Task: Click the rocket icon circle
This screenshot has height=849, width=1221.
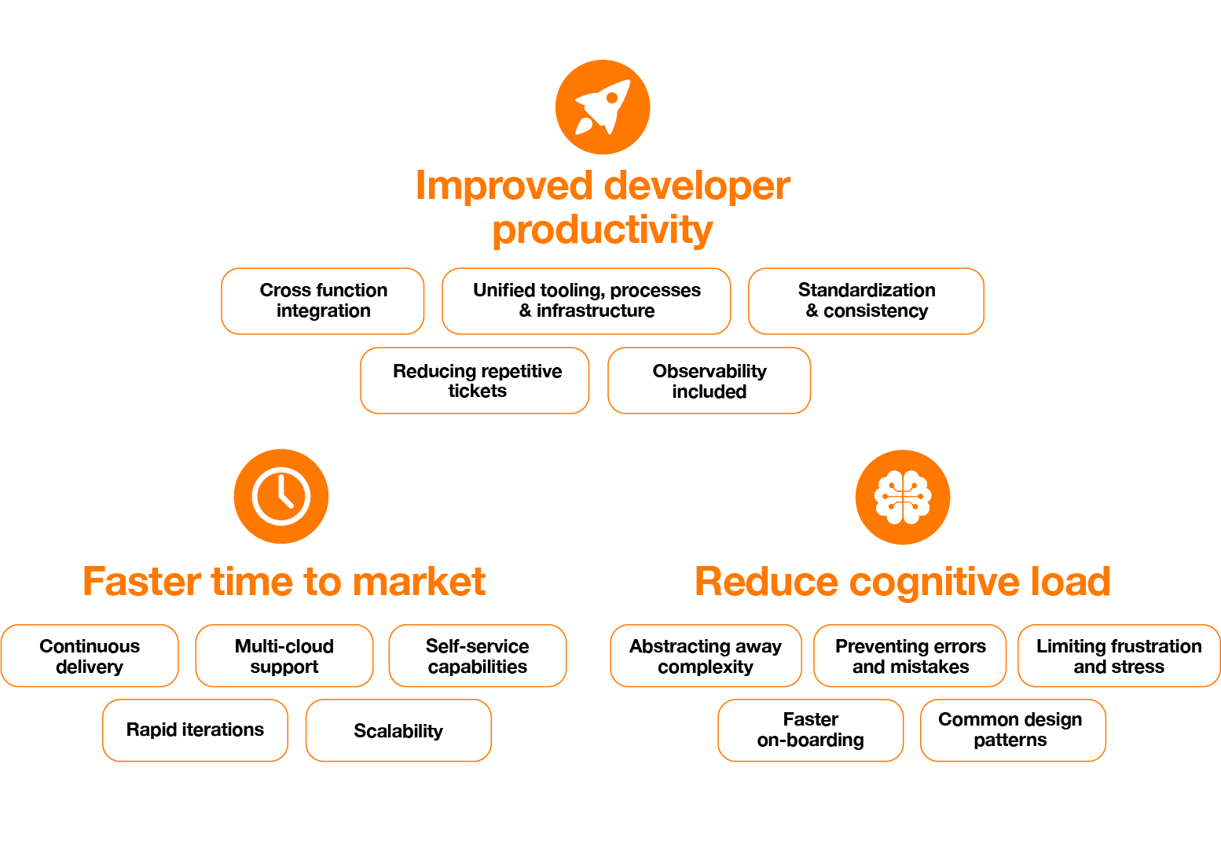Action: (603, 107)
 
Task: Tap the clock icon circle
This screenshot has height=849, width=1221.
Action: (281, 496)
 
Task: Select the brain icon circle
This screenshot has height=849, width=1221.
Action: (903, 497)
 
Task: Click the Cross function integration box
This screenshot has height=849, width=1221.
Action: (323, 301)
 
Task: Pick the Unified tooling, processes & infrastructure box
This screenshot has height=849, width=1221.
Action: (586, 301)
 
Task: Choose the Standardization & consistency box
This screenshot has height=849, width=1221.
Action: (866, 301)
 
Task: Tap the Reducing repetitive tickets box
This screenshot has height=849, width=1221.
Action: (475, 380)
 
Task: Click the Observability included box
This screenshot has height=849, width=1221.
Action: (709, 380)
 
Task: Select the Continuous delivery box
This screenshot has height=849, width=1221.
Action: (90, 656)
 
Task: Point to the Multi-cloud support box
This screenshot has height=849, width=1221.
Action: (284, 656)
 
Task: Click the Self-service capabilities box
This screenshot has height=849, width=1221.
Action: (477, 656)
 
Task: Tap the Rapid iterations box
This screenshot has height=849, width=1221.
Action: (195, 730)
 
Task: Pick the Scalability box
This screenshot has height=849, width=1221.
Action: (398, 731)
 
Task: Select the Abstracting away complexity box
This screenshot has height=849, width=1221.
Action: (706, 656)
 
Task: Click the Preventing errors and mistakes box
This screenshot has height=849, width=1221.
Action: (910, 656)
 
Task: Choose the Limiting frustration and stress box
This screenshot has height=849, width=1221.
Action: (1119, 656)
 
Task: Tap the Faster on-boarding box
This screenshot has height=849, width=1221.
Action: (810, 730)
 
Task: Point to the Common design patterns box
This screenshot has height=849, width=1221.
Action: (1013, 730)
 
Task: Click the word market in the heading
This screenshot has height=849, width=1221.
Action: (419, 583)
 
